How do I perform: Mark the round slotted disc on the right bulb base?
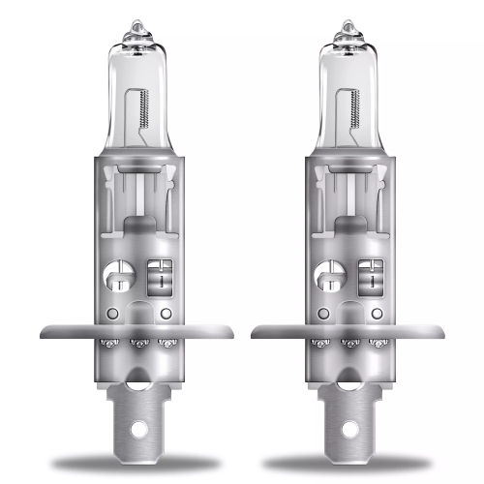(x=329, y=277)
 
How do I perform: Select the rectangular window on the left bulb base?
(x=158, y=276)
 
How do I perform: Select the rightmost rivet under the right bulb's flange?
(x=377, y=344)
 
